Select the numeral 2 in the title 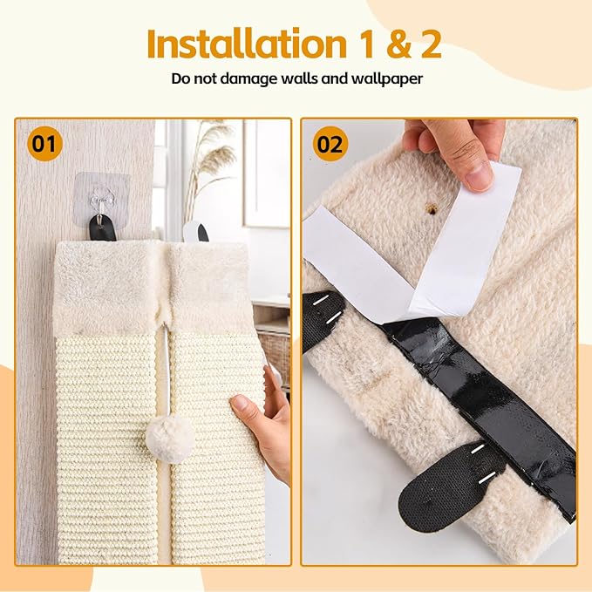point(426,43)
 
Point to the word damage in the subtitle point(247,78)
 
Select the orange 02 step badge point(330,143)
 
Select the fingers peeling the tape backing point(458,148)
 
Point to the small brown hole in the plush point(430,209)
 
